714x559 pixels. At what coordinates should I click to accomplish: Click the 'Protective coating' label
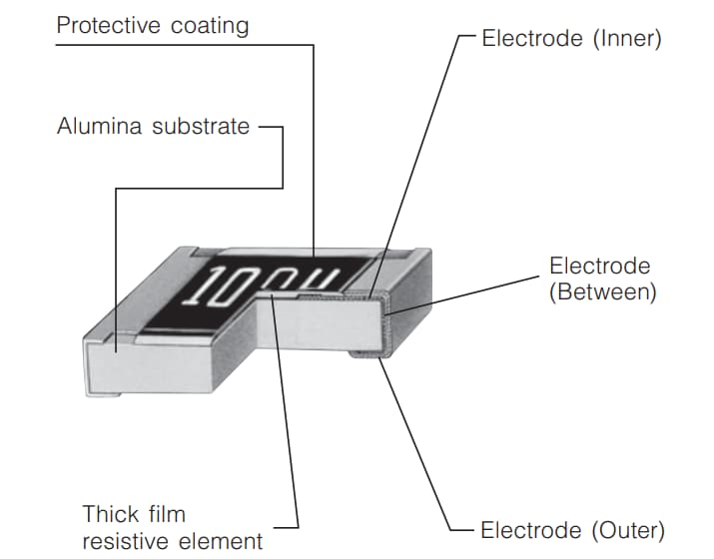coord(151,25)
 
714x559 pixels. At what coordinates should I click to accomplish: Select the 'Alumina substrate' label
coord(153,127)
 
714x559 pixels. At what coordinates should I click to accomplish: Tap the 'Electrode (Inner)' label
coord(571,39)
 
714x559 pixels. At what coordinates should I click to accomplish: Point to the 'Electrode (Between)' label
coord(601,279)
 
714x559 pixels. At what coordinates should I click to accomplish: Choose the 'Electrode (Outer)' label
coord(572,529)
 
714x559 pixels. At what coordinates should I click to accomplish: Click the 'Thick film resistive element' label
coord(173,527)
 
